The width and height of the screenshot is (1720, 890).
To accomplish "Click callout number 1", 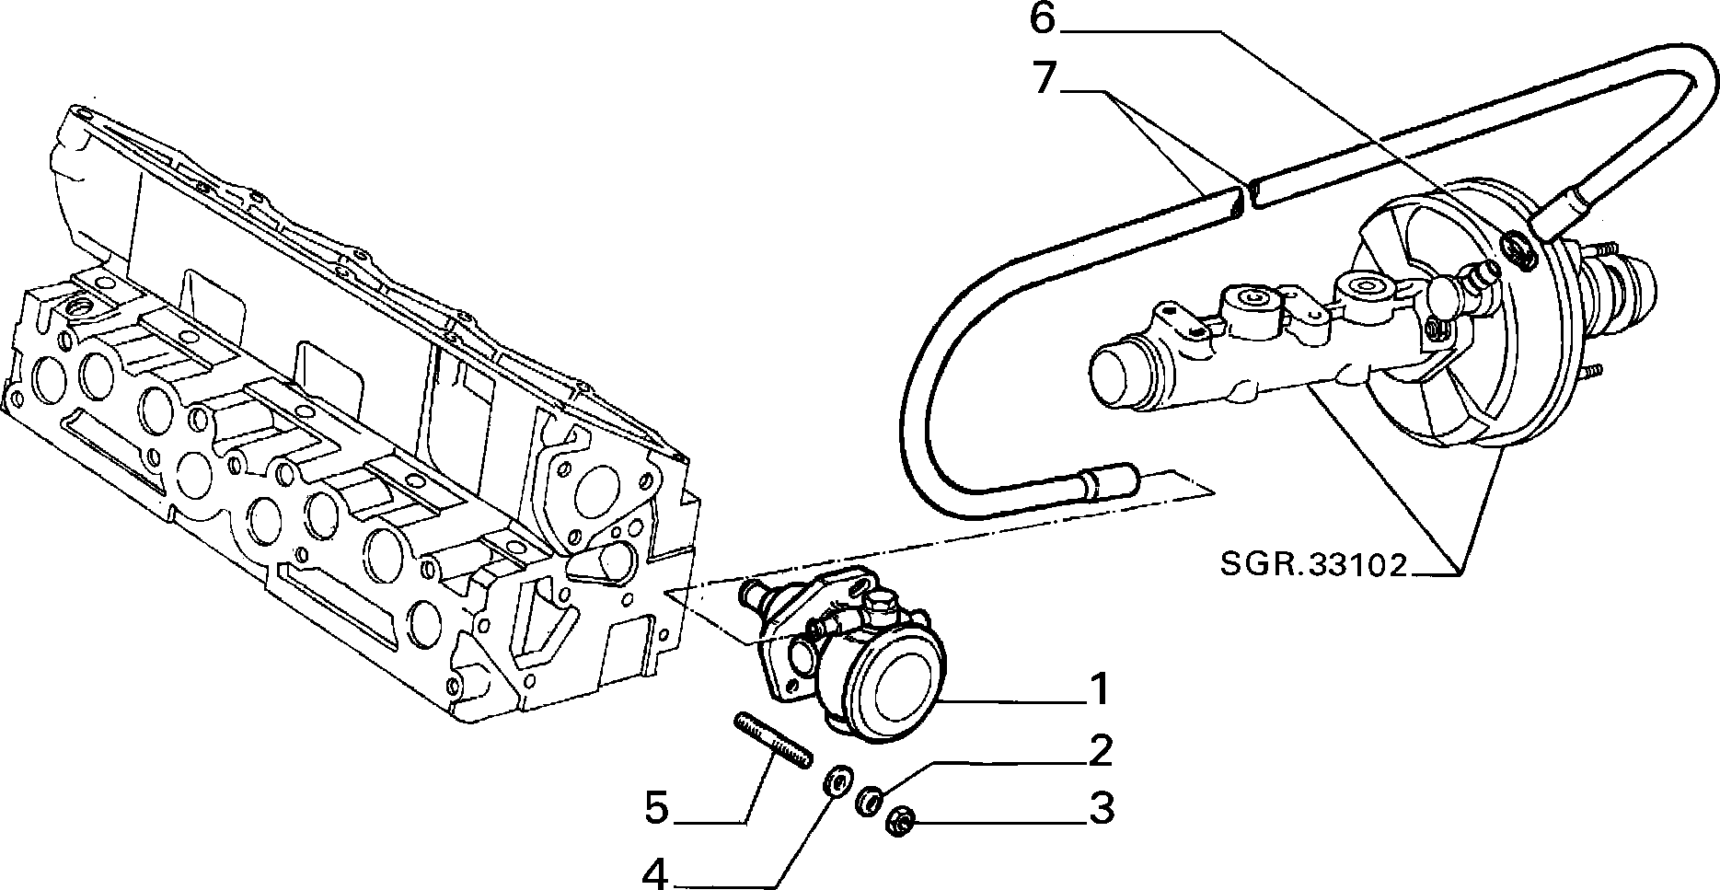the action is click(1099, 689).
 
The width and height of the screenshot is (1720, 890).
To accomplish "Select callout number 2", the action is click(1101, 751).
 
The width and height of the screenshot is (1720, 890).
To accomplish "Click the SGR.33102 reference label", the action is click(1314, 564).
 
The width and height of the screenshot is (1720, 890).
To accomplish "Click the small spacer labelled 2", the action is click(868, 800).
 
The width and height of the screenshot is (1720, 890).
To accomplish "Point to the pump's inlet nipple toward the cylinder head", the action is click(756, 597).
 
